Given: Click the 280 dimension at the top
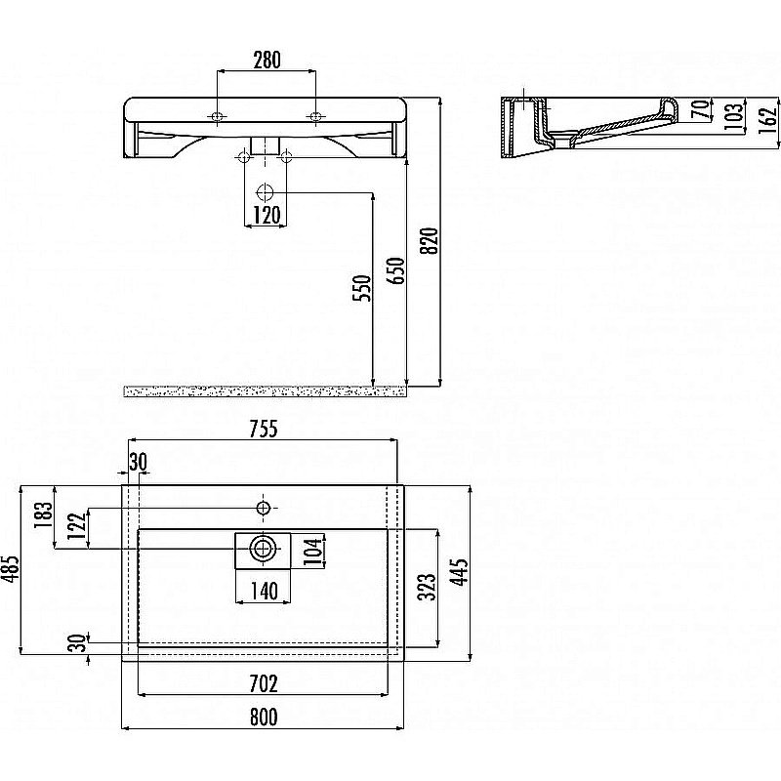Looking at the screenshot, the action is (267, 61).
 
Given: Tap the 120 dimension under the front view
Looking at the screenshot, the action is (267, 216).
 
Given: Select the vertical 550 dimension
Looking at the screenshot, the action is (362, 288).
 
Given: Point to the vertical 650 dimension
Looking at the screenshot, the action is (396, 270).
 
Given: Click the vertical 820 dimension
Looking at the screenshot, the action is (430, 240).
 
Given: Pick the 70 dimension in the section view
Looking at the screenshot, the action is (701, 109).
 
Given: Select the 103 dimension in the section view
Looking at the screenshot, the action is (735, 116).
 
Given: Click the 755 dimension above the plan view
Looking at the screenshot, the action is (264, 429).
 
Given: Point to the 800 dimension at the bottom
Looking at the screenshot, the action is (264, 718).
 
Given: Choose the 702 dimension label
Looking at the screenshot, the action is (264, 684).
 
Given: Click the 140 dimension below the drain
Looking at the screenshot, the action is (264, 592).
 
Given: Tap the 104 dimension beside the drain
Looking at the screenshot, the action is (314, 550).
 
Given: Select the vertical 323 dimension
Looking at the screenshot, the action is (428, 588).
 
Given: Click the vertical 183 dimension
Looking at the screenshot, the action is (44, 515).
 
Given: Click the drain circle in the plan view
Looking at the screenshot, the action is (263, 550).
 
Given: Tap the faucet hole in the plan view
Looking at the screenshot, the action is (263, 508).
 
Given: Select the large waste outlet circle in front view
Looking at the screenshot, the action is (265, 192).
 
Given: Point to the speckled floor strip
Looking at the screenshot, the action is (265, 391).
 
